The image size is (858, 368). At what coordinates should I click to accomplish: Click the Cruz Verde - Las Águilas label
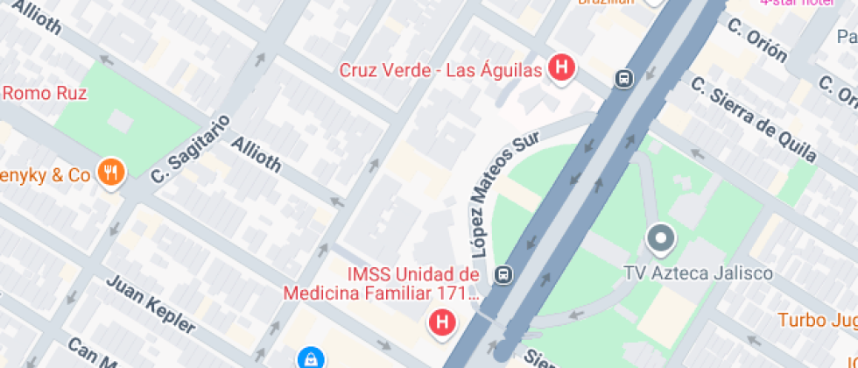[x=440, y=70]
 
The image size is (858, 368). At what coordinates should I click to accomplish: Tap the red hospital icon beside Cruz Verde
[x=561, y=67]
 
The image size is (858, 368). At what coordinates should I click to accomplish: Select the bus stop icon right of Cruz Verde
[x=623, y=79]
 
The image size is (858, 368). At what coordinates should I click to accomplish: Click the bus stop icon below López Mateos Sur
[x=503, y=274]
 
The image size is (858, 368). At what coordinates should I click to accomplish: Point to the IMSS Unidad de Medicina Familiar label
[x=381, y=283]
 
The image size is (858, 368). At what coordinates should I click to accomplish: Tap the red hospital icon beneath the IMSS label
[x=442, y=322]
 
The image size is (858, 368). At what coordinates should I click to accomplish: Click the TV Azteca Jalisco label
[x=698, y=273]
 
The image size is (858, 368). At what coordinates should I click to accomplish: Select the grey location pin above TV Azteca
[x=660, y=238]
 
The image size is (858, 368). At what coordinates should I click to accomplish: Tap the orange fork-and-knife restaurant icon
[x=109, y=173]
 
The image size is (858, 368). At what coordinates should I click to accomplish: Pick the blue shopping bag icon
[x=310, y=357]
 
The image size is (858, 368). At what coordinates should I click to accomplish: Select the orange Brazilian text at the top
[x=604, y=3]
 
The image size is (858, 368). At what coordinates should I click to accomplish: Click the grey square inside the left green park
[x=120, y=118]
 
